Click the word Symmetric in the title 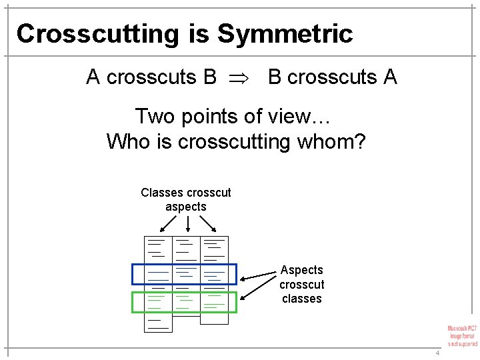click(285, 33)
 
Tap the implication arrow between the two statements click(242, 78)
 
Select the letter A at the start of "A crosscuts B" click(93, 77)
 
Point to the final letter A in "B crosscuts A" click(390, 77)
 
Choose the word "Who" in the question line click(127, 141)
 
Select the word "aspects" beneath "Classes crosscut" click(186, 207)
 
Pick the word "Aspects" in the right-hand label click(301, 270)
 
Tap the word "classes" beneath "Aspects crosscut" click(301, 299)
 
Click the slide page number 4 click(437, 352)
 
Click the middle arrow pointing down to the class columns click(187, 224)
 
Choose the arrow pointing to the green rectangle click(260, 289)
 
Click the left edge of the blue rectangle click(133, 275)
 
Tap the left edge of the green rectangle click(133, 302)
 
